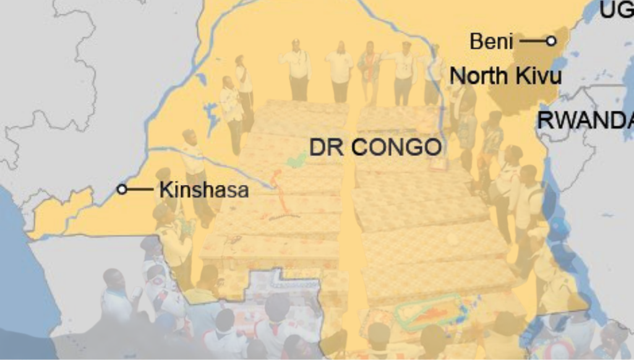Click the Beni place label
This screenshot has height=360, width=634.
click(x=491, y=42)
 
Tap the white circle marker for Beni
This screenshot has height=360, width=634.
click(x=550, y=41)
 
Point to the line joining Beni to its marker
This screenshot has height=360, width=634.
click(x=532, y=41)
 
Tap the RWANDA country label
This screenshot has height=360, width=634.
click(x=585, y=120)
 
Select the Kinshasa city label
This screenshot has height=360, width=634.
click(x=204, y=190)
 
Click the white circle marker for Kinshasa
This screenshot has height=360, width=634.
click(x=122, y=189)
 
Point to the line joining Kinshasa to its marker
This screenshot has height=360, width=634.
click(x=140, y=189)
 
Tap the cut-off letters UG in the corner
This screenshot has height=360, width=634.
click(x=616, y=9)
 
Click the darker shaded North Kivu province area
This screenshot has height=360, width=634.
click(x=520, y=99)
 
